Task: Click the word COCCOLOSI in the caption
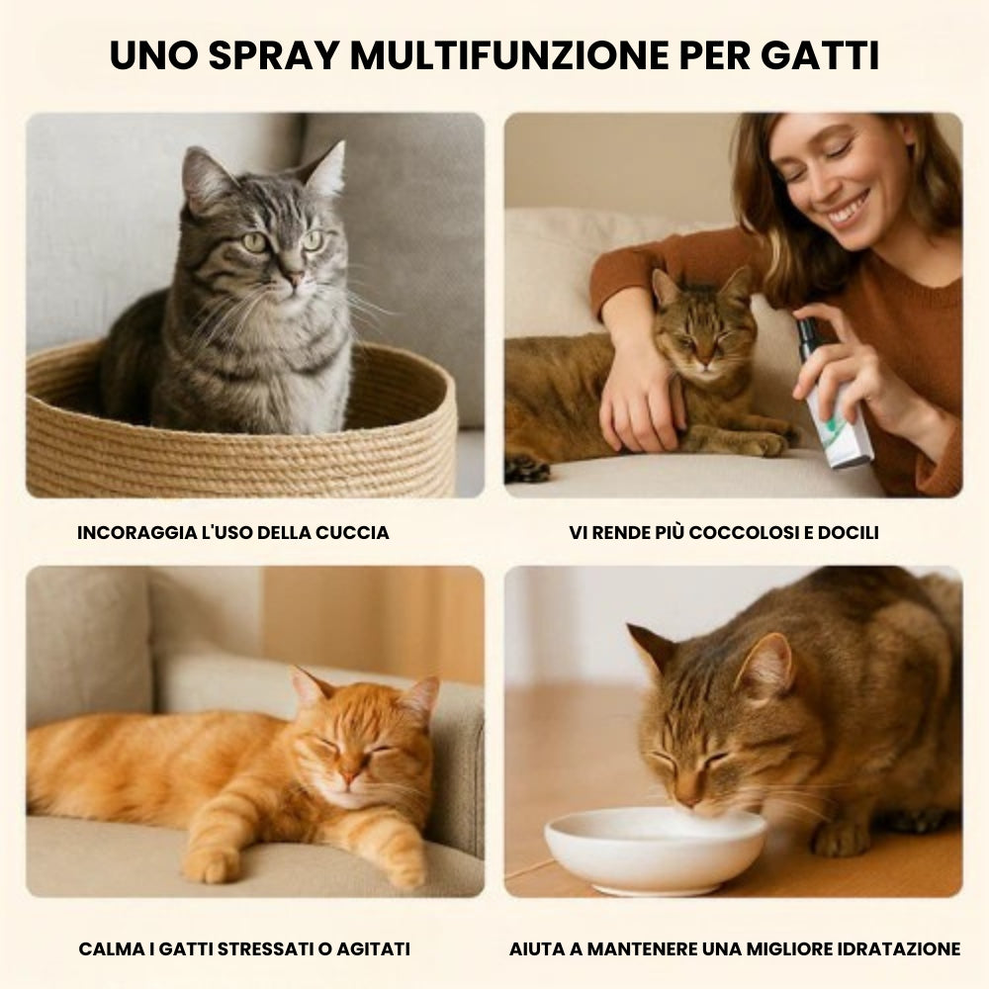tap(744, 532)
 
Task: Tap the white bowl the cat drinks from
tap(656, 848)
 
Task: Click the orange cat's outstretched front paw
tap(214, 864)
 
